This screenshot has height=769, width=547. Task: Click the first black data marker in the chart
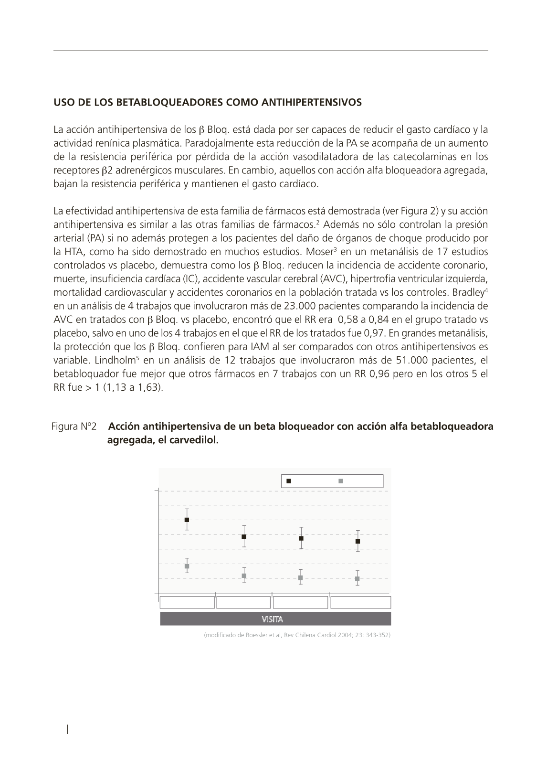pos(187,520)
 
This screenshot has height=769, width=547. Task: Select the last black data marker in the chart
pos(358,541)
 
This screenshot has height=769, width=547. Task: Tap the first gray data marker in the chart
pos(187,566)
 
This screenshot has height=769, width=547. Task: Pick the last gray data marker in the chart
pos(358,578)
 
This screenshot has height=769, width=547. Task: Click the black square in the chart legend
pos(289,481)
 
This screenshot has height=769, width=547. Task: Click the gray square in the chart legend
pos(341,481)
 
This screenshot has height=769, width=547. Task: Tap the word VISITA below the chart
pos(272,619)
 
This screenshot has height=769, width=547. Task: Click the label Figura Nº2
pos(74,427)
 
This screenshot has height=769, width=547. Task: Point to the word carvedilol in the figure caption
pos(197,440)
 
